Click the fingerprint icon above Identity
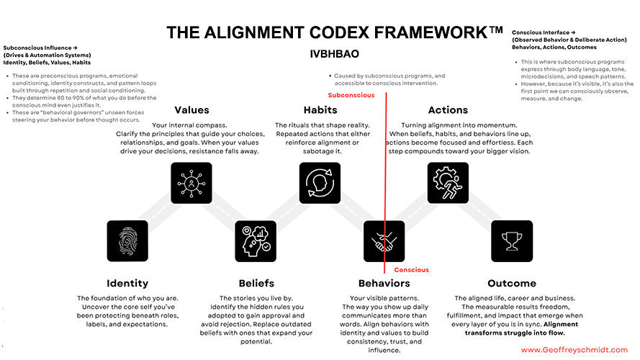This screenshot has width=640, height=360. pyautogui.click(x=127, y=240)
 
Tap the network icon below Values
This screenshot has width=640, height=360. pyautogui.click(x=191, y=183)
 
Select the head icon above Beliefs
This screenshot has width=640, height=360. pyautogui.click(x=256, y=240)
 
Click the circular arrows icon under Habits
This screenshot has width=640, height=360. pyautogui.click(x=320, y=183)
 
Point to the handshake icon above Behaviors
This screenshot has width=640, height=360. pyautogui.click(x=384, y=240)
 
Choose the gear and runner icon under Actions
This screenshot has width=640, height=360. pyautogui.click(x=448, y=183)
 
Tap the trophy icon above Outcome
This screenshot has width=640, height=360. pyautogui.click(x=512, y=240)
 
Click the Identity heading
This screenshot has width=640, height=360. pyautogui.click(x=127, y=283)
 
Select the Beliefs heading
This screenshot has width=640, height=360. pyautogui.click(x=256, y=283)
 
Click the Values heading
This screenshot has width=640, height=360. pyautogui.click(x=191, y=110)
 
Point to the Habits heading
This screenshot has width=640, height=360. pyautogui.click(x=320, y=110)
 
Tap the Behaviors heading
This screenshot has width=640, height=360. pyautogui.click(x=384, y=283)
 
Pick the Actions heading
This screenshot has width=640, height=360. pyautogui.click(x=448, y=110)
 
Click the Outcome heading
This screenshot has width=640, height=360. pyautogui.click(x=512, y=283)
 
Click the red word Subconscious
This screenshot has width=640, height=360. pyautogui.click(x=351, y=95)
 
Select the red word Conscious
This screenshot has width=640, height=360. pyautogui.click(x=411, y=270)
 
